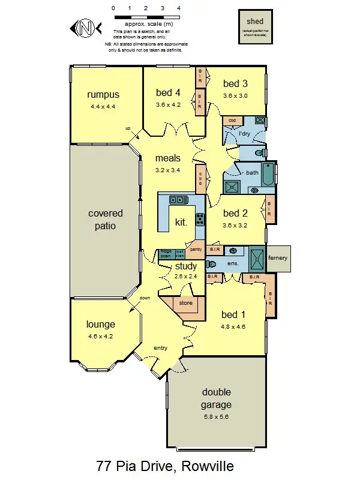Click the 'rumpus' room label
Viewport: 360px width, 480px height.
pos(103,95)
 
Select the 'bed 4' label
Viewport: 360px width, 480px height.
pos(168,92)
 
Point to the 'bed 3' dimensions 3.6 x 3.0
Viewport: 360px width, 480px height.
pos(235,95)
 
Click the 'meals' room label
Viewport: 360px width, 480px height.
pos(168,158)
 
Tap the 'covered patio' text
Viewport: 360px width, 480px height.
pos(106,220)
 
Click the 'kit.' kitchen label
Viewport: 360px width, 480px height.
pos(181,222)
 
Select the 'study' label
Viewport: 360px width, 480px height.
pos(186,266)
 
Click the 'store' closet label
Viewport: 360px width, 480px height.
pos(186,303)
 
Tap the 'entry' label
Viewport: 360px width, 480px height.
pos(161,348)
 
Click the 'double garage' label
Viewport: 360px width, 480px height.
pos(216,398)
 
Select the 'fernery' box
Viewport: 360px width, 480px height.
pos(278,258)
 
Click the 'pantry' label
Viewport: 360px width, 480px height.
pos(195,249)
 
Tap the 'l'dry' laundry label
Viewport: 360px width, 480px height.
pos(244,133)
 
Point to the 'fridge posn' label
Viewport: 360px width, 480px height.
pos(166,253)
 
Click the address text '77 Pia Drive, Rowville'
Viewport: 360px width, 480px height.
pos(164,466)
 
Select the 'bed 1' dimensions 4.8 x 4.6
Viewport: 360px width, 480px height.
pos(233,327)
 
